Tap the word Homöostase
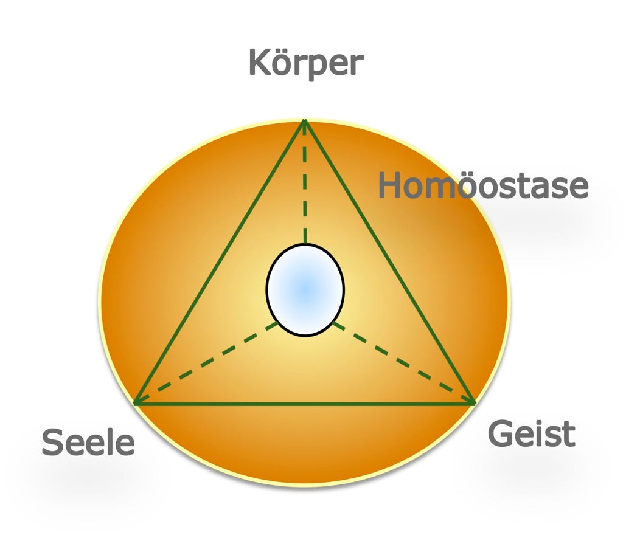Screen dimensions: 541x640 click(x=483, y=185)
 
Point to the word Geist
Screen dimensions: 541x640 click(x=531, y=434)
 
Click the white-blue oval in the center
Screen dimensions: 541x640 click(x=305, y=289)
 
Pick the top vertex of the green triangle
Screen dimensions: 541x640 click(x=304, y=121)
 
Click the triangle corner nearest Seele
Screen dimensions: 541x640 click(x=135, y=403)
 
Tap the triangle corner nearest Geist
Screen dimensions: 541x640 click(x=474, y=403)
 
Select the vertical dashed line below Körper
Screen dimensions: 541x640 click(x=305, y=182)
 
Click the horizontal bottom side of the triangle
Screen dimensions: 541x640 click(x=304, y=404)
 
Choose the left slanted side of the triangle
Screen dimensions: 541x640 click(x=220, y=261)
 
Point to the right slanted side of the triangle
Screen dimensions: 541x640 click(x=389, y=261)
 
